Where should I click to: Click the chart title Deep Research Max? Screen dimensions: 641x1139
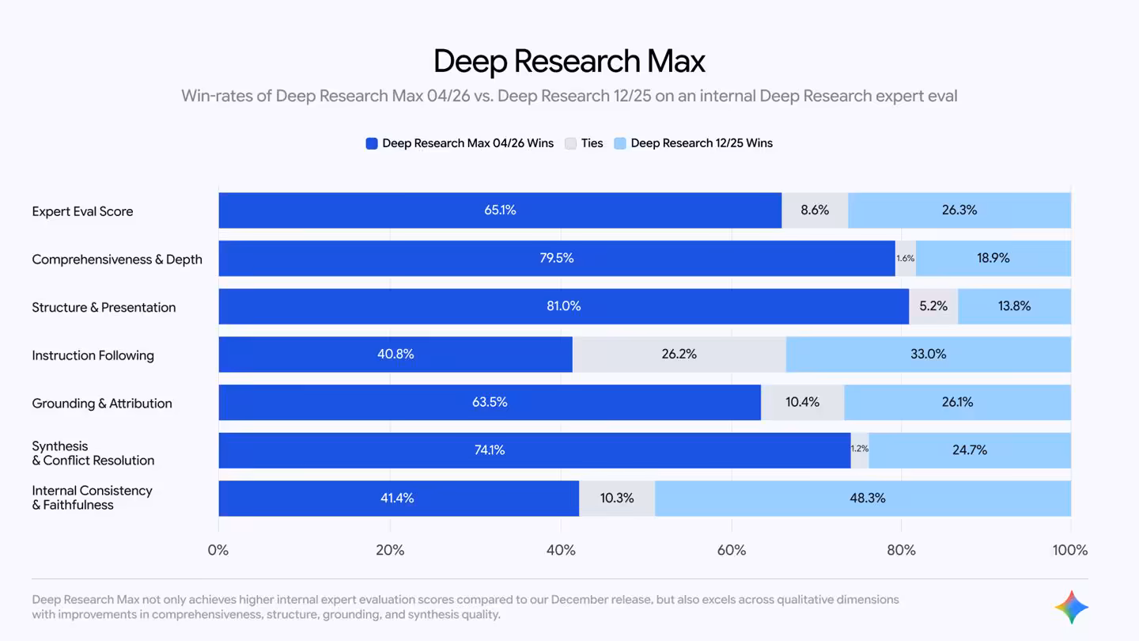point(569,62)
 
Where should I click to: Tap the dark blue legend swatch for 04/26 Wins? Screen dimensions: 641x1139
point(372,143)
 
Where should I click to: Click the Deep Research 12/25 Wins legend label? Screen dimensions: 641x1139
point(701,143)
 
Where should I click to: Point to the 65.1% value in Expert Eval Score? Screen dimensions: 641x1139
point(500,211)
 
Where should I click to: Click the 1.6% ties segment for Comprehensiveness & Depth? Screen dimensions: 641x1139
point(905,259)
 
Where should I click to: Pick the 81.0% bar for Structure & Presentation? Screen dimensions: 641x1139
point(563,306)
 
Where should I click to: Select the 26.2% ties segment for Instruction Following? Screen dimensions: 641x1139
point(679,355)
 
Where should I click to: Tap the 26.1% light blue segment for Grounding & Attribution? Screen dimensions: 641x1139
point(957,403)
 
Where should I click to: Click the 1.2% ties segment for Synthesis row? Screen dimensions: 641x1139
point(859,449)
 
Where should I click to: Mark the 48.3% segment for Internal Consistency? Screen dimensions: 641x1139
point(866,499)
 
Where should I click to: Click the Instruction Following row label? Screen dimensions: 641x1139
point(93,355)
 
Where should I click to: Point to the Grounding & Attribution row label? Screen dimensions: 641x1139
point(101,404)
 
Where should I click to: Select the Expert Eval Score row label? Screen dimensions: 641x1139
point(82,211)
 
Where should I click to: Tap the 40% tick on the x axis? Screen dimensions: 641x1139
point(561,550)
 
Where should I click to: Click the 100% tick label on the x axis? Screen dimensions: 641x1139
point(1069,550)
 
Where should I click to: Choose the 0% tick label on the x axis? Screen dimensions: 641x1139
point(218,550)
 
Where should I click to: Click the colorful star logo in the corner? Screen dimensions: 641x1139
point(1071,607)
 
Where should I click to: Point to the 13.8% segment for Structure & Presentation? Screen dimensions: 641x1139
point(1014,306)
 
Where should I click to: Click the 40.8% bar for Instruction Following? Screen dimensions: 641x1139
point(395,355)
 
